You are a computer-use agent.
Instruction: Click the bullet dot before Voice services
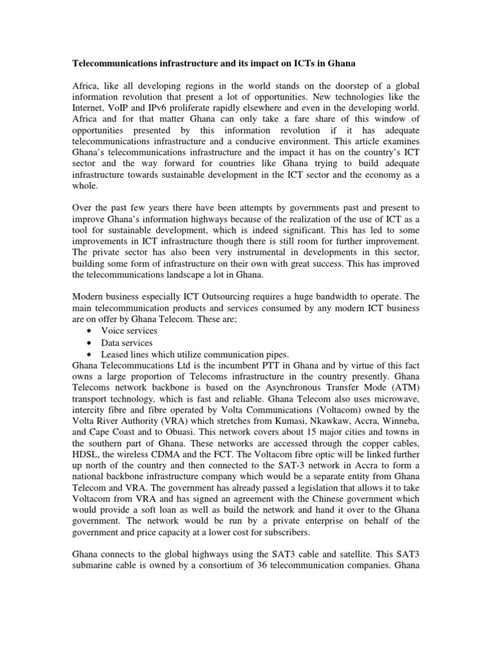pyautogui.click(x=87, y=331)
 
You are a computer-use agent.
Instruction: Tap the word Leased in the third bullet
pyautogui.click(x=114, y=354)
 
